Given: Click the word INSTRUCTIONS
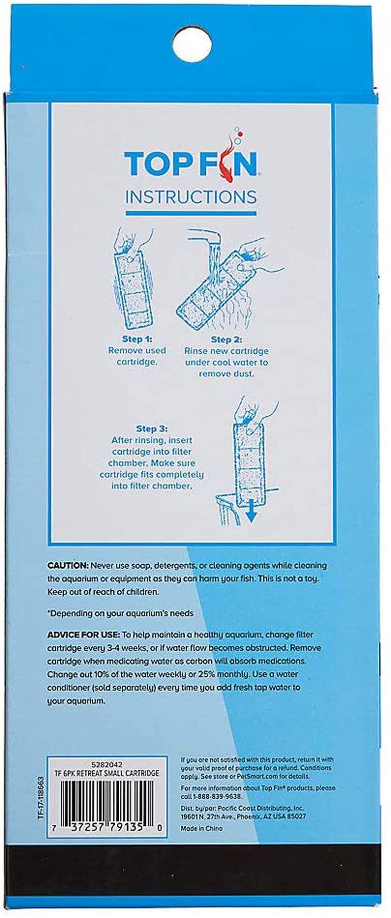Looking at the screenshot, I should pos(191,197).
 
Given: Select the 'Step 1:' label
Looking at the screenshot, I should pos(137,339).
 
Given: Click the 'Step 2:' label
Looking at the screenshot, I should pos(226,339).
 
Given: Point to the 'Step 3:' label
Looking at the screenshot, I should pos(152,428).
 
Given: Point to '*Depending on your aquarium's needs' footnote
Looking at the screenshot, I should pos(120,613).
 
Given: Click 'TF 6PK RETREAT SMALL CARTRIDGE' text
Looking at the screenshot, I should pos(107,773).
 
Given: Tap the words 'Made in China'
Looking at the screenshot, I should pos(201,828).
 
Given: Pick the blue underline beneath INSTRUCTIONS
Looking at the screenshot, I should pos(191,213).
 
